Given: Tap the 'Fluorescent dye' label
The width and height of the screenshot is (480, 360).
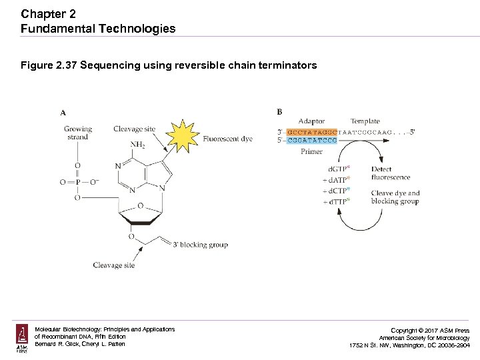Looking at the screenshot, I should [x=227, y=139].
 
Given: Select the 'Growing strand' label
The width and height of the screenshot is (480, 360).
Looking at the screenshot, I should [x=77, y=133].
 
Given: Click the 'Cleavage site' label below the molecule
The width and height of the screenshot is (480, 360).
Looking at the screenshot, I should [x=113, y=265].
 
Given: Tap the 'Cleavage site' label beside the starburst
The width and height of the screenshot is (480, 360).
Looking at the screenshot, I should [x=134, y=129].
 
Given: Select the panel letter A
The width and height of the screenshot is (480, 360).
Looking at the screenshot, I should [x=63, y=113].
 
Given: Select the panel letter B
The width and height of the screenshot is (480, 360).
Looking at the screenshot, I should [x=279, y=111].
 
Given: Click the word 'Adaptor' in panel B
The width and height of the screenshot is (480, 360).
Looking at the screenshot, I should [x=311, y=121].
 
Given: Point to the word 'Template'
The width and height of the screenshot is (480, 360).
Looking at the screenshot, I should [x=365, y=121].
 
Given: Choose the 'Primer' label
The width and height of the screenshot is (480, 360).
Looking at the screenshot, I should [x=311, y=151].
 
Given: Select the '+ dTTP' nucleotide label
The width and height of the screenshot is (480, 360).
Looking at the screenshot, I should [x=337, y=201].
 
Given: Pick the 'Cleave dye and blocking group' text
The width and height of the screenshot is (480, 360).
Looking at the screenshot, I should [x=395, y=197].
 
